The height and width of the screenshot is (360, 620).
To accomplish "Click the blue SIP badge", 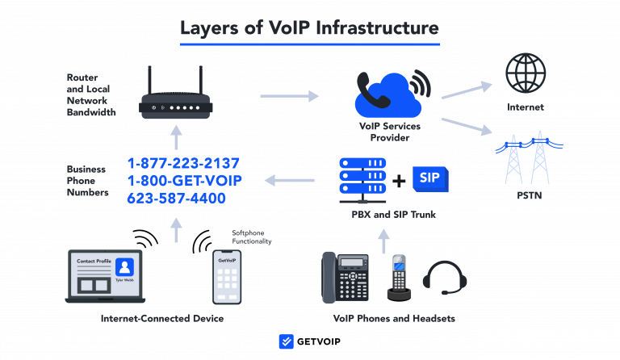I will pos(429,179).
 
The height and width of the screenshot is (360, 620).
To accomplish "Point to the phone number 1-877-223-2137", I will pos(183,163).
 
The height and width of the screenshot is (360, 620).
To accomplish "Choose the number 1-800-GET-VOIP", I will pos(184,180).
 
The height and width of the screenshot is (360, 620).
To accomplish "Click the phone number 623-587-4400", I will pos(176,198).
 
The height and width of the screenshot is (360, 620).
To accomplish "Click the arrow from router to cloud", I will pos(290,96).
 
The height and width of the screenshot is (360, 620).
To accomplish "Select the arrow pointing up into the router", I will pos(177,137).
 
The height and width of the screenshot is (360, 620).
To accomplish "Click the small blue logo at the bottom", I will pos(286,341).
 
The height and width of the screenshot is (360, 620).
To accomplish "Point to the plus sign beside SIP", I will pos(399,180).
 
